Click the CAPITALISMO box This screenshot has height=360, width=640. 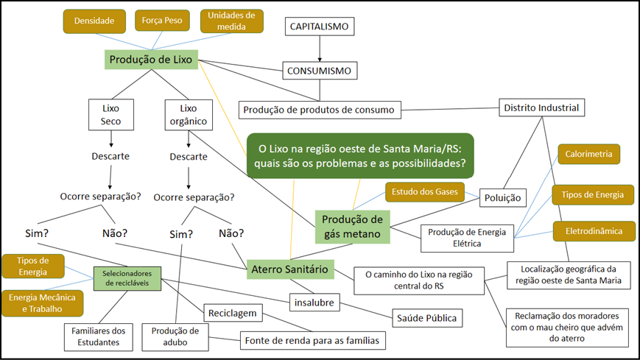(320, 27)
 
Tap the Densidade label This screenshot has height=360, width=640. (93, 22)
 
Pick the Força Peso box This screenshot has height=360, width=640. (162, 22)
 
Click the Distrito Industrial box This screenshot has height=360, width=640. (542, 108)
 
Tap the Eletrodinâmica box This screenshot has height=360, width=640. (594, 231)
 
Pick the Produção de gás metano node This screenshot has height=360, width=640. (352, 227)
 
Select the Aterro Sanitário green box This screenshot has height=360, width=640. (290, 269)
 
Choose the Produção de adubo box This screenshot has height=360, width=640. (171, 336)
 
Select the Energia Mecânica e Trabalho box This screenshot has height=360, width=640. (43, 302)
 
